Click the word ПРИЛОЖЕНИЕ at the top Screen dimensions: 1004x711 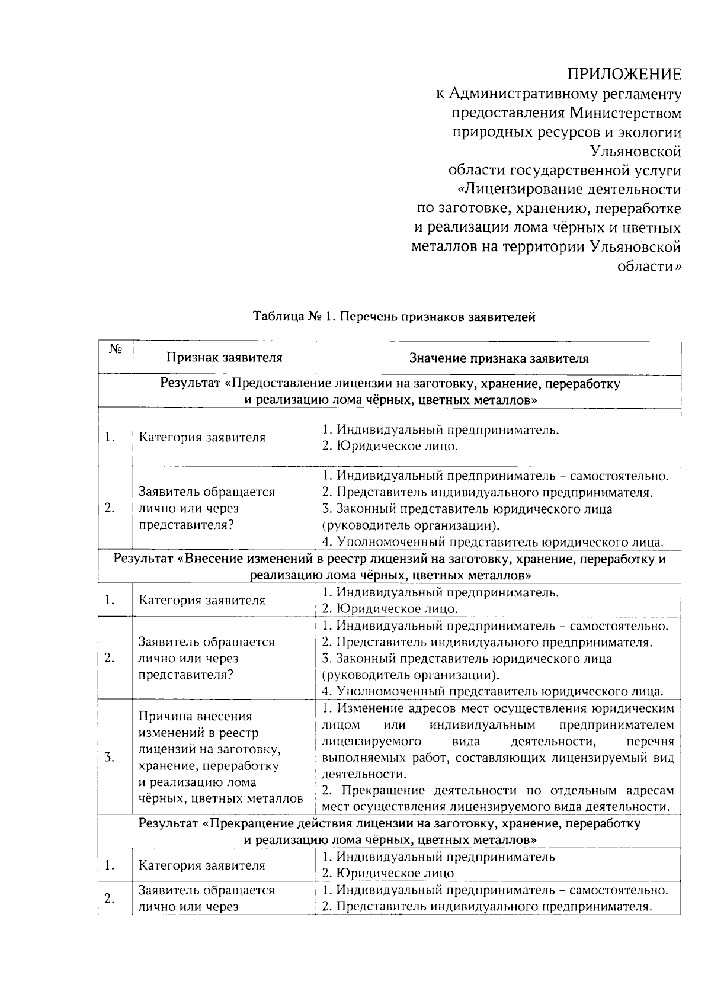pyautogui.click(x=624, y=75)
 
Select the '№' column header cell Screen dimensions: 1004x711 pyautogui.click(x=116, y=349)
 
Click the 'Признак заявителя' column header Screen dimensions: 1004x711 pyautogui.click(x=224, y=358)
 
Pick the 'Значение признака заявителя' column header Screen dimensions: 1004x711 pyautogui.click(x=499, y=358)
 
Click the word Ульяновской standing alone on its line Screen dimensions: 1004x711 pyautogui.click(x=635, y=152)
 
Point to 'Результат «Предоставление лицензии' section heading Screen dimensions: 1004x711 pyautogui.click(x=390, y=384)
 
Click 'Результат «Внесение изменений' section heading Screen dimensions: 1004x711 pyautogui.click(x=390, y=559)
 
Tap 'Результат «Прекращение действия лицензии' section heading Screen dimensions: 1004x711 pyautogui.click(x=390, y=823)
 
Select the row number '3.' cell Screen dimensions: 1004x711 pyautogui.click(x=109, y=757)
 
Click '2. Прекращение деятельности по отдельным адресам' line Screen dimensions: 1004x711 pyautogui.click(x=498, y=791)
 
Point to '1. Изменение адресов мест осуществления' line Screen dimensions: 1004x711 pyautogui.click(x=498, y=709)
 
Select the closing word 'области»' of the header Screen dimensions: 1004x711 pyautogui.click(x=649, y=267)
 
